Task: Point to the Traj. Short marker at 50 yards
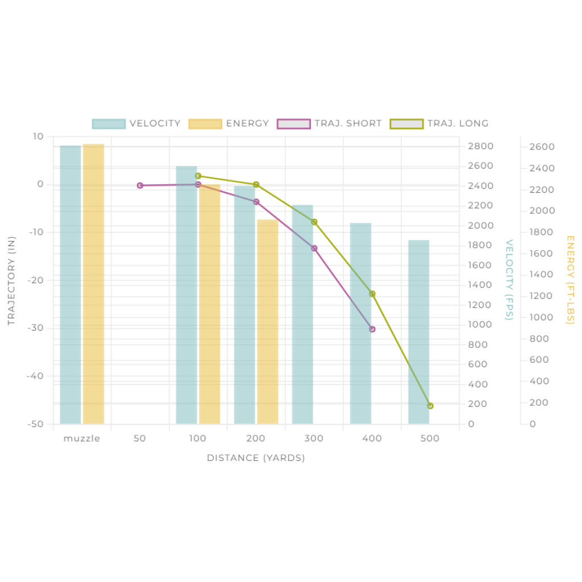coord(140,185)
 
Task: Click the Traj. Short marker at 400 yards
coord(372,329)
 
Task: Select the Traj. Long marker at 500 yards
coord(430,406)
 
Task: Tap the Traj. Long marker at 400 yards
coord(372,294)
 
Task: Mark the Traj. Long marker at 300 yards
coord(314,222)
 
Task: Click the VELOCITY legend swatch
coord(109,124)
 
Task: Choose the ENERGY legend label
coord(247,123)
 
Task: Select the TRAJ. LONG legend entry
coord(438,123)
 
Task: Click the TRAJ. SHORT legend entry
coord(329,123)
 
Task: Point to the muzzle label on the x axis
coord(82,438)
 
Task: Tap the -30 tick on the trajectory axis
coord(36,329)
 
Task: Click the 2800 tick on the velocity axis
coord(480,147)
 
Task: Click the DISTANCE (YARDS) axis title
coord(256,458)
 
